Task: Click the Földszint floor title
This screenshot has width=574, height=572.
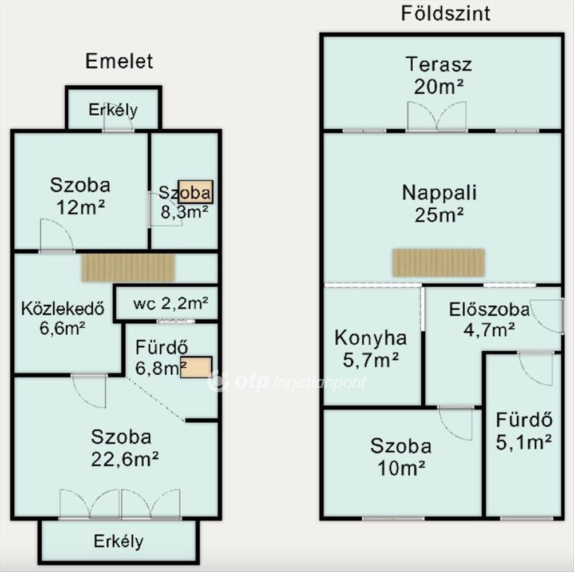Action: [x=445, y=14]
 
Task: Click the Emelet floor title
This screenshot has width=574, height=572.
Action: [x=119, y=61]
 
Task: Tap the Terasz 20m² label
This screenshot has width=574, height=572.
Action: [x=439, y=76]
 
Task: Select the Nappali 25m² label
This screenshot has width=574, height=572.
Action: [x=440, y=204]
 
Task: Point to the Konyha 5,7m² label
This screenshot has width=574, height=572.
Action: [x=370, y=349]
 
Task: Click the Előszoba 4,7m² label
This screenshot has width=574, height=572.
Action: [x=489, y=320]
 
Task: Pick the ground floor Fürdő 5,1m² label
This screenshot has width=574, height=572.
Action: [x=524, y=431]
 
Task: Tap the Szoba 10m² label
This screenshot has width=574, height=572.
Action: [x=401, y=456]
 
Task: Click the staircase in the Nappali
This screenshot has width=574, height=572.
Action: [x=438, y=263]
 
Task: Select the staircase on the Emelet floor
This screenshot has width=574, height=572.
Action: [x=128, y=268]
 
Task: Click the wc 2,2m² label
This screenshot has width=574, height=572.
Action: [x=171, y=303]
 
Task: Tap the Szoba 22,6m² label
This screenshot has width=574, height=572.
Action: [x=124, y=448]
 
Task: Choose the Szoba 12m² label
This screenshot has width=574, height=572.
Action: [x=80, y=196]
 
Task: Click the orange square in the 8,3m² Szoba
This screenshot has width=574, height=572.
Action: [x=196, y=192]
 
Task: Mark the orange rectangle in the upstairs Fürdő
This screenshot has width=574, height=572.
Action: [x=196, y=367]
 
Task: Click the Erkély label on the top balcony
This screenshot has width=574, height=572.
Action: [x=113, y=110]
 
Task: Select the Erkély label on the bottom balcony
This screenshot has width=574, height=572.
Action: [x=118, y=541]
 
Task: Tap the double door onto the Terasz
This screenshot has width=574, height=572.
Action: [x=437, y=116]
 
